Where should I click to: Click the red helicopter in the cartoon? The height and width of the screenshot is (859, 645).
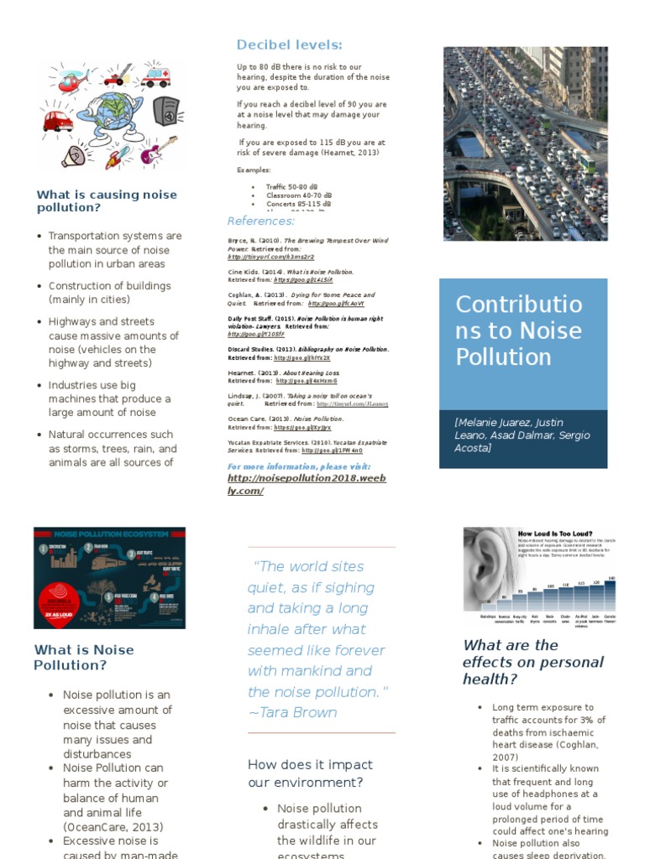[x=73, y=80]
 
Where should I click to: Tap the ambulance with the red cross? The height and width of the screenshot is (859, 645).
[x=155, y=77]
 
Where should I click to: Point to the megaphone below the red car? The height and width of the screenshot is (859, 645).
[x=74, y=155]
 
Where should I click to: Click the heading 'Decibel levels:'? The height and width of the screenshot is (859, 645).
[x=289, y=44]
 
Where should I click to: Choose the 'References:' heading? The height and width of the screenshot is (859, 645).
[x=261, y=221]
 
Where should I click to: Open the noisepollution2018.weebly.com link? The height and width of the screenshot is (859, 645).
[x=284, y=484]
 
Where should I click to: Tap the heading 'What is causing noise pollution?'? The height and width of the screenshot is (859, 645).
[x=107, y=200]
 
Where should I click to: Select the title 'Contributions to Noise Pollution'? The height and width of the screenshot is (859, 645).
[x=518, y=331]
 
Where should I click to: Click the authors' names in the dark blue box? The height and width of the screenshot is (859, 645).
[x=522, y=435]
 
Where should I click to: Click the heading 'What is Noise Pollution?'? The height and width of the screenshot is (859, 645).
[x=83, y=657]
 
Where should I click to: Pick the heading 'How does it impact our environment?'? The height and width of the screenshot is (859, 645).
[x=310, y=773]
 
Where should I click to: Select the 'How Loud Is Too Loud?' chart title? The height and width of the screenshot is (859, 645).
[x=555, y=534]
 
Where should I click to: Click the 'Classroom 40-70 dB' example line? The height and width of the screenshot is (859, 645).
[x=298, y=195]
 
